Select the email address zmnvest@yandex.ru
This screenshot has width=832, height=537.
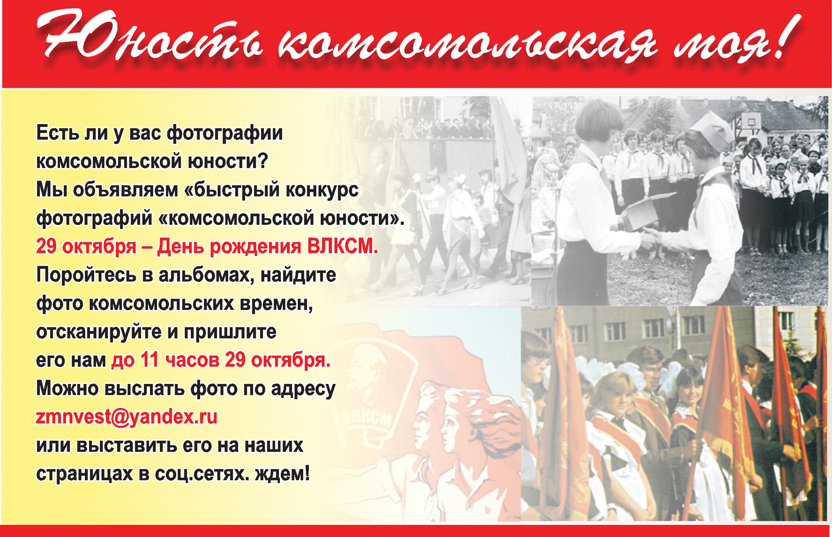pos(127,417)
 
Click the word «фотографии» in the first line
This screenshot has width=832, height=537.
pos(225,133)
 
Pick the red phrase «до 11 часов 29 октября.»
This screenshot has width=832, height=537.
pos(221,360)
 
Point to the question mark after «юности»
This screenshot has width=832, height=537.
pos(263,161)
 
